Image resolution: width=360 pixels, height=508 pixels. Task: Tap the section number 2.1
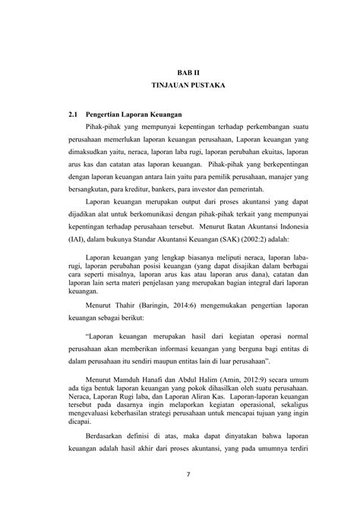coord(74,115)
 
